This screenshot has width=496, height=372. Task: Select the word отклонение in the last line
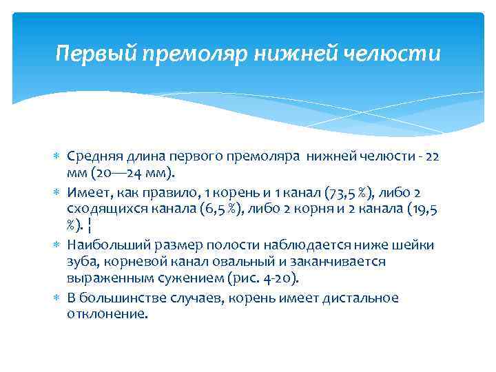tap(103, 313)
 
